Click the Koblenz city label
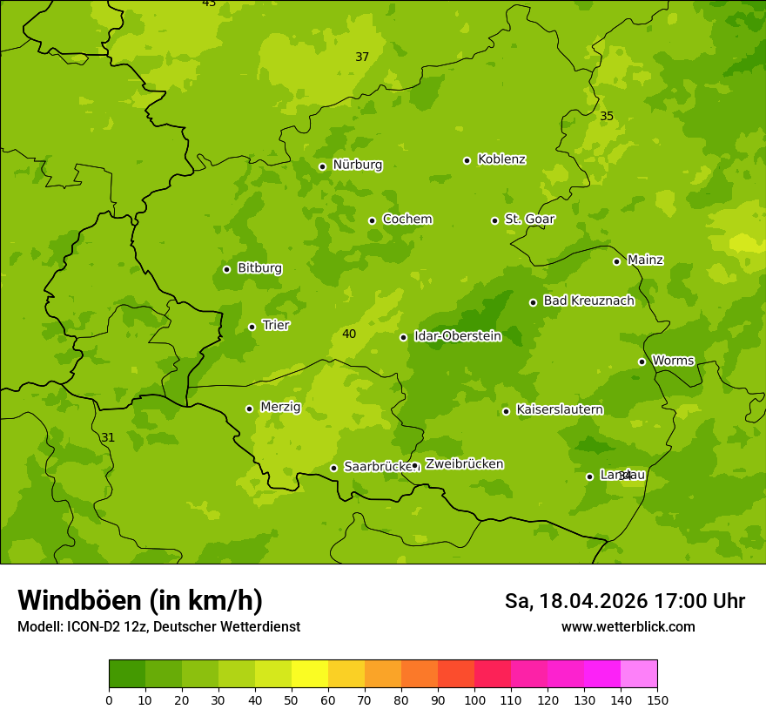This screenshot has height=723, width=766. tap(501, 159)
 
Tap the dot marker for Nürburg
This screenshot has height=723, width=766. tap(322, 166)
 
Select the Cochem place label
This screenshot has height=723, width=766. tap(407, 220)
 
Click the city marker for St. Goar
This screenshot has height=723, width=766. tap(494, 220)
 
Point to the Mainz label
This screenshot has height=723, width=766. tap(645, 260)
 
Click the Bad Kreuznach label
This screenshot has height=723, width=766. tap(588, 301)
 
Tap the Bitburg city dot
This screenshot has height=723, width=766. tap(226, 269)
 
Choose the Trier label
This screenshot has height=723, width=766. tap(276, 326)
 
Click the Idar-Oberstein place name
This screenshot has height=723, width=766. tap(457, 336)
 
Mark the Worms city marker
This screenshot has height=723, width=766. tap(642, 361)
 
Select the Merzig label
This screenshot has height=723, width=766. tap(280, 408)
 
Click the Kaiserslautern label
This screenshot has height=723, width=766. tap(559, 410)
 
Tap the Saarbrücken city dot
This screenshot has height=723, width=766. tap(333, 468)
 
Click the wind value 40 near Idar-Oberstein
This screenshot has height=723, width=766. tap(349, 334)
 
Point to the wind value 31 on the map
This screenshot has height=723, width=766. tap(108, 438)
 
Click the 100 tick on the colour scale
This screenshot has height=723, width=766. tap(474, 699)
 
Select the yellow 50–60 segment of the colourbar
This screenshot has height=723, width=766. tap(310, 674)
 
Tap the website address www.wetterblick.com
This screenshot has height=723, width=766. tap(628, 627)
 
